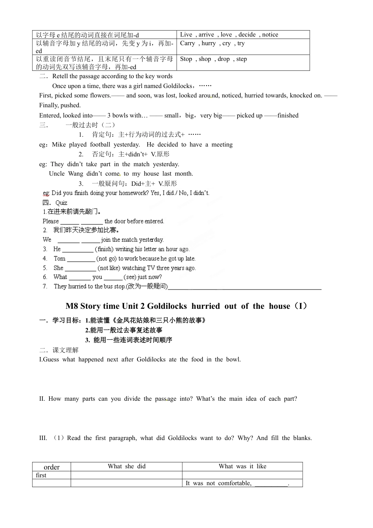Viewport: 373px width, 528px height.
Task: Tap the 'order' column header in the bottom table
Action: pos(51,467)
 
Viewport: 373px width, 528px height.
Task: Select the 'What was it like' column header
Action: pos(242,466)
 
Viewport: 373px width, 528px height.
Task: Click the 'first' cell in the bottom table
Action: pos(41,475)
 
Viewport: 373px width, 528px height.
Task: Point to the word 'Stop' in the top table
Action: pos(186,59)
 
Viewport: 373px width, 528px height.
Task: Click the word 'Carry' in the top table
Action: pos(187,43)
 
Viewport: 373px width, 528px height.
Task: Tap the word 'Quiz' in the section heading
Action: pos(61,203)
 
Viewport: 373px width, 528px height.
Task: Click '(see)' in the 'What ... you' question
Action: pos(130,277)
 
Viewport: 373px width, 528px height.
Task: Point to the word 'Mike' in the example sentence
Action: pos(59,145)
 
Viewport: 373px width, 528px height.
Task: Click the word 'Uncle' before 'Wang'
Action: pos(57,174)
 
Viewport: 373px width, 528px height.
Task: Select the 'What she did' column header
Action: pos(126,466)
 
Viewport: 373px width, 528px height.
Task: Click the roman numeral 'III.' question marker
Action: pos(43,438)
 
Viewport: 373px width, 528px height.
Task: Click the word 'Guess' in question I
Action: pos(51,359)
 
